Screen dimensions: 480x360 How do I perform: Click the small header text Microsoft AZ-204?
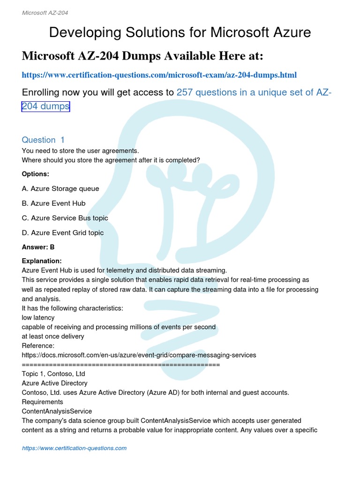point(45,13)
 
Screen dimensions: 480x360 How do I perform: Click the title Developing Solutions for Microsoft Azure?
point(180,32)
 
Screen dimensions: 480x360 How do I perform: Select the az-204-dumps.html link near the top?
point(159,75)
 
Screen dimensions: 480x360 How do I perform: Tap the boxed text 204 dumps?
point(46,106)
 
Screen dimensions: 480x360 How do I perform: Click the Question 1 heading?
point(43,140)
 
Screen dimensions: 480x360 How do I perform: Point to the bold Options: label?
point(36,174)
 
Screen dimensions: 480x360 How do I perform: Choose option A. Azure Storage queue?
point(60,188)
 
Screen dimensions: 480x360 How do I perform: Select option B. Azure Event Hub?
point(54,203)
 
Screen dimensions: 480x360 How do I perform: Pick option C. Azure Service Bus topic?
point(65,218)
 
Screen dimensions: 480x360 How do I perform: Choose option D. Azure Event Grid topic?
point(63,232)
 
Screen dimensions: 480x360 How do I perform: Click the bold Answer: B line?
point(38,247)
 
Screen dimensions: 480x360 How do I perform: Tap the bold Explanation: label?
point(42,261)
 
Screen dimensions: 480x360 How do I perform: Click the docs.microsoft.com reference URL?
point(139,355)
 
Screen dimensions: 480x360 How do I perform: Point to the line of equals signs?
point(121,364)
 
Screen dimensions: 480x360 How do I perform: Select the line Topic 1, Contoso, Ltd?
point(53,374)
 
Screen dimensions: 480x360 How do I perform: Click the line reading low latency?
point(38,317)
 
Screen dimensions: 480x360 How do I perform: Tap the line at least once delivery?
point(53,336)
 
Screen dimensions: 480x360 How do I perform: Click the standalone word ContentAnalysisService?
point(57,411)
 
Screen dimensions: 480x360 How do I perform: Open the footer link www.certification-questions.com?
point(74,448)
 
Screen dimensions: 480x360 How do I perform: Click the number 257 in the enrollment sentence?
point(185,92)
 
